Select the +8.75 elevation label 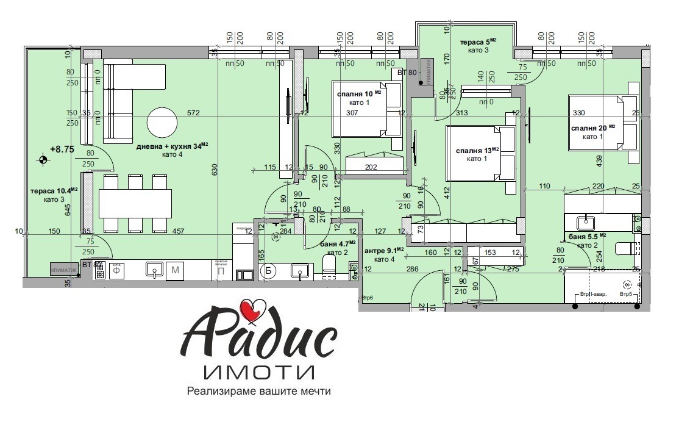62,148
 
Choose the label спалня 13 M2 478,150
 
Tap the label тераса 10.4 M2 54,191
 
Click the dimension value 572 194,113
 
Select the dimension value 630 215,171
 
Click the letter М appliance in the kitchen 176,270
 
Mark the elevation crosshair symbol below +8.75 43,160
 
